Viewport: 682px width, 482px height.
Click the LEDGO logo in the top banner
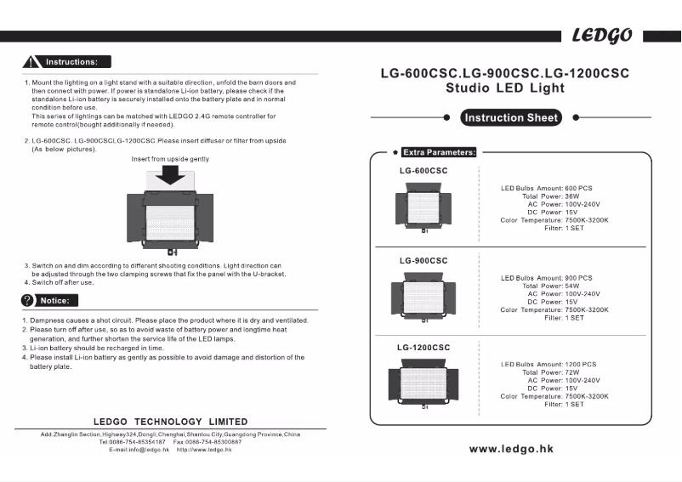[601, 36]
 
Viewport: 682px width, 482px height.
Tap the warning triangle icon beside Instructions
[32, 62]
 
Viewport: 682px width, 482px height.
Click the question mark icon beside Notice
[27, 300]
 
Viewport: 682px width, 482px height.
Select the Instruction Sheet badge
[510, 118]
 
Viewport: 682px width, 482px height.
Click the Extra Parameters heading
[439, 152]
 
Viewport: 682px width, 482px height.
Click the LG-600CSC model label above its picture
[423, 171]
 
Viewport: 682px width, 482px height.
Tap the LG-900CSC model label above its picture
[423, 260]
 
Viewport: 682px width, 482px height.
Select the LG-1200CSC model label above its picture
[423, 347]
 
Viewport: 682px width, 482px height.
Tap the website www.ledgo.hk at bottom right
[511, 449]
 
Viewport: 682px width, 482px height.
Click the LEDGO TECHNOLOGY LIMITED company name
[170, 422]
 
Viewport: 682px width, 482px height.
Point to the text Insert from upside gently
[170, 159]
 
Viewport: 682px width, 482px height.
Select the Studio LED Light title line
[505, 88]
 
